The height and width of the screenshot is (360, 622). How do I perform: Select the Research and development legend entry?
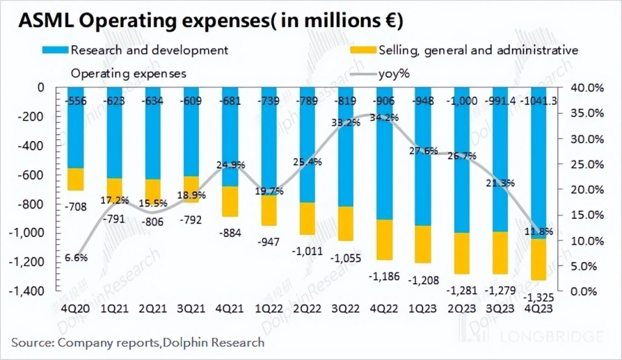click(x=149, y=50)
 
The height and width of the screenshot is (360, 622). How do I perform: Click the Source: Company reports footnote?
click(x=138, y=342)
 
